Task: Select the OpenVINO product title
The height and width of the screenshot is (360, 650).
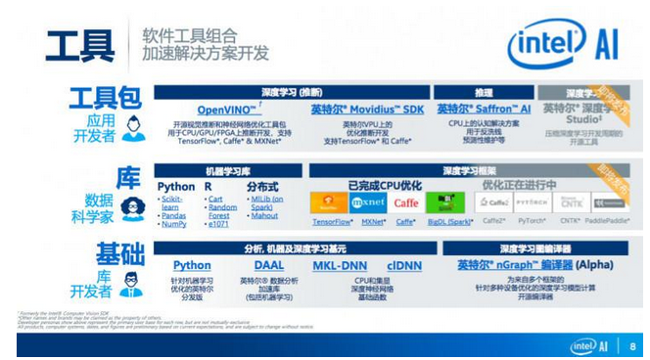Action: [226, 110]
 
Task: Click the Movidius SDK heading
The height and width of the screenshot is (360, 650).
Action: [367, 110]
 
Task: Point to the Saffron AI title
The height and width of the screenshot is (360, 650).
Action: [483, 110]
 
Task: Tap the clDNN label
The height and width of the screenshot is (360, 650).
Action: [403, 265]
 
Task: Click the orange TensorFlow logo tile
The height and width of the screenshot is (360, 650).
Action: [329, 203]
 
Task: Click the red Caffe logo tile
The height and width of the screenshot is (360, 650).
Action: [407, 203]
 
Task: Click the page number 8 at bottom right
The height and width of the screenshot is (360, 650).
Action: [632, 345]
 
